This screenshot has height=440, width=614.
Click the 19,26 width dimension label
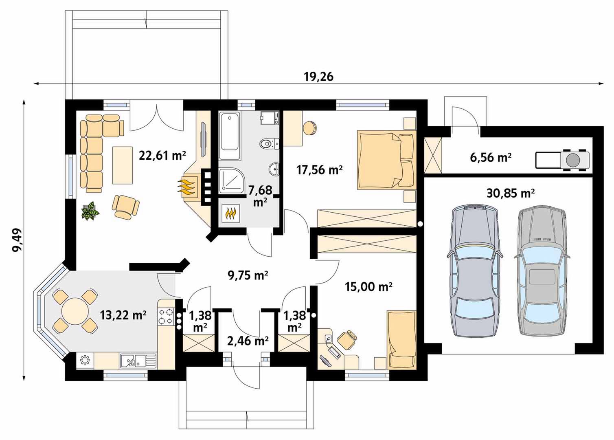pyautogui.click(x=319, y=77)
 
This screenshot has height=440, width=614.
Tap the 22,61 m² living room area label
pyautogui.click(x=162, y=156)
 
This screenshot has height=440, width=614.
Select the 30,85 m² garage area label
pyautogui.click(x=511, y=193)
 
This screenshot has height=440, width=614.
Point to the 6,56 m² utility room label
pyautogui.click(x=491, y=158)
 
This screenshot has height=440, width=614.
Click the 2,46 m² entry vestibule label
pyautogui.click(x=248, y=341)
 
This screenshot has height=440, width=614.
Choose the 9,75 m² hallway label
pyautogui.click(x=248, y=275)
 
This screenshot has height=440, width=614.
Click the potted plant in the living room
pyautogui.click(x=90, y=210)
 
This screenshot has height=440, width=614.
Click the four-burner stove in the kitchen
pyautogui.click(x=166, y=316)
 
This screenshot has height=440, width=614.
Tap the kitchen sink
pyautogui.click(x=138, y=360)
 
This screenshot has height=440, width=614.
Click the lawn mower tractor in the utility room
pyautogui.click(x=562, y=160)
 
